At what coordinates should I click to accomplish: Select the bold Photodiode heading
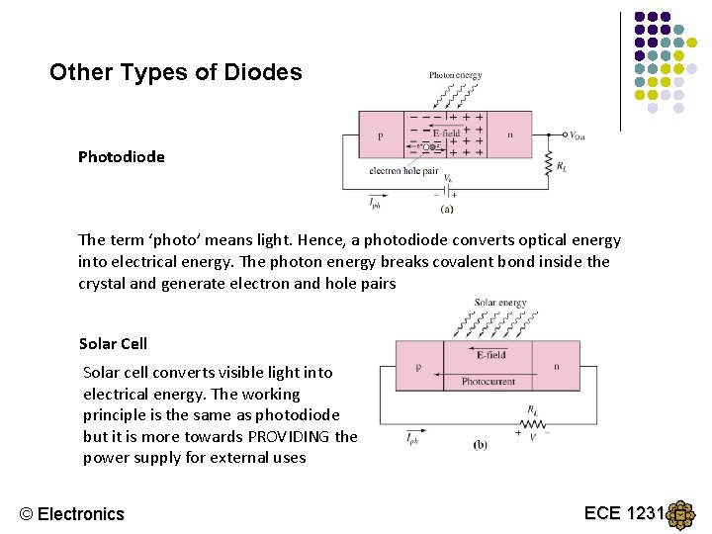122,156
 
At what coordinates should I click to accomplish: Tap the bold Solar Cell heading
113,343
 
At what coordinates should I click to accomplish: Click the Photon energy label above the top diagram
455,75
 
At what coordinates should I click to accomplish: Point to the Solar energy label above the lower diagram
500,303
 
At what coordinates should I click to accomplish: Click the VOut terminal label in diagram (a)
577,135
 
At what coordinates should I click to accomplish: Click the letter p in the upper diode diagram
381,135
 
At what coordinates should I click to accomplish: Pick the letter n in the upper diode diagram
509,134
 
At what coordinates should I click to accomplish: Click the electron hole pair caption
402,171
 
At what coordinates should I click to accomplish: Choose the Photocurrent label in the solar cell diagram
489,381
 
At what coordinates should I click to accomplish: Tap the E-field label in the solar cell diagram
490,354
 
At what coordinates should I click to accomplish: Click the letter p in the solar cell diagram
418,366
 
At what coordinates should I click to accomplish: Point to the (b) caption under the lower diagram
480,445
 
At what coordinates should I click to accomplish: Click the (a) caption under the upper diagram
447,209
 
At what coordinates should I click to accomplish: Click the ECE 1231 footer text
625,512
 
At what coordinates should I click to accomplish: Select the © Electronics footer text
72,513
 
